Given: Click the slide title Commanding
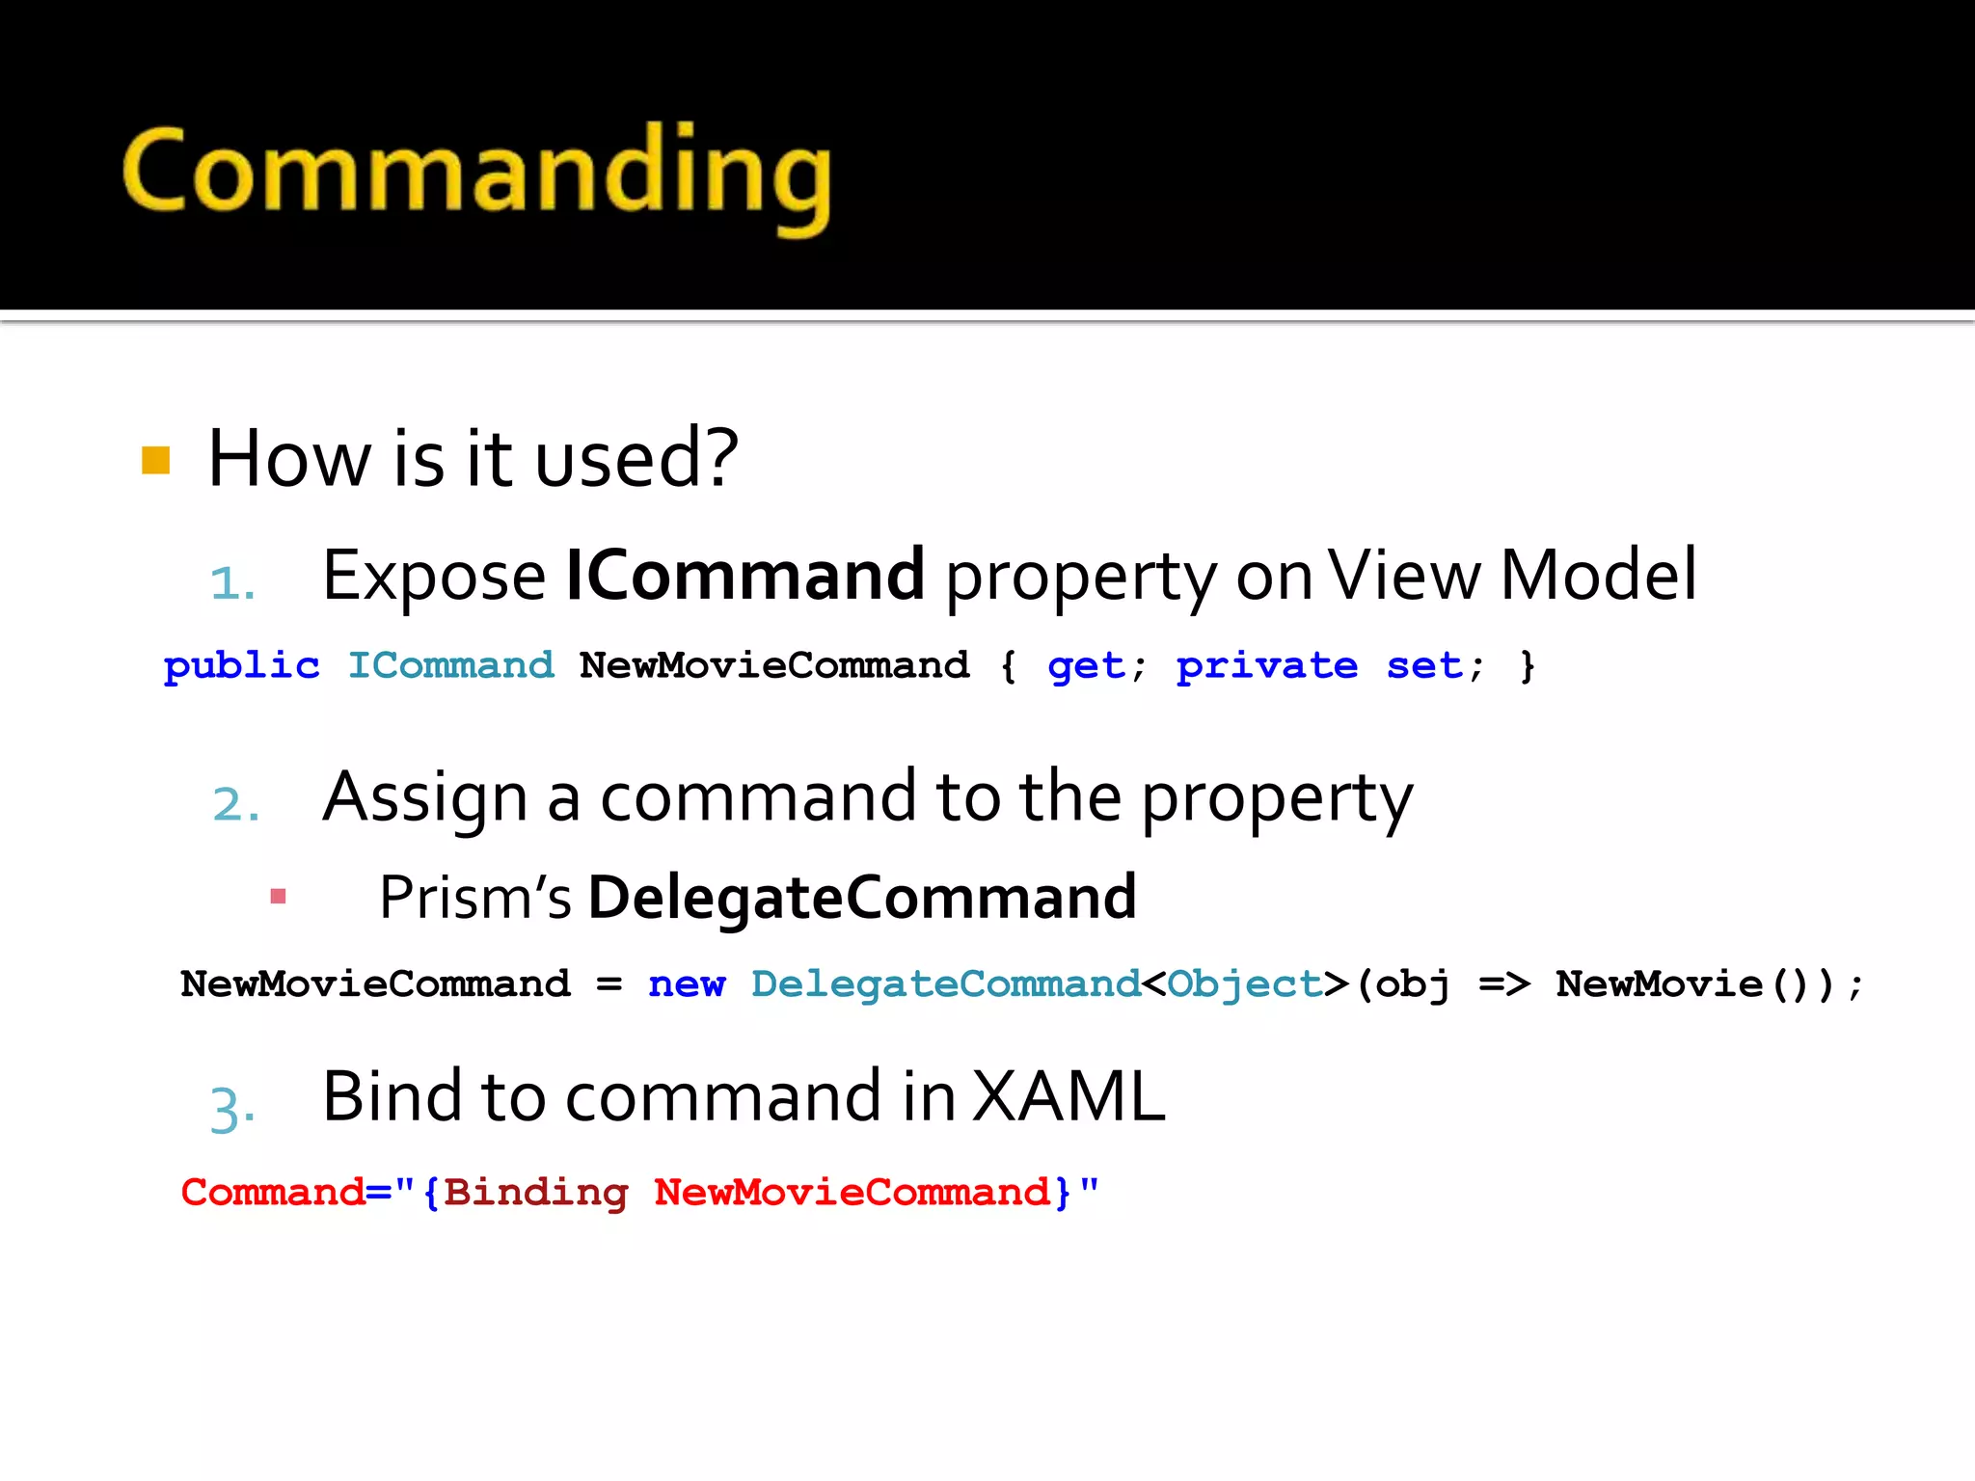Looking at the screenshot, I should [476, 174].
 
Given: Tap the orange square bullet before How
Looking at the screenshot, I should [155, 461].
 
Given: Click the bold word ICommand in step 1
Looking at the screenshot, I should [744, 576].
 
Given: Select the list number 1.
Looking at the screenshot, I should [232, 583].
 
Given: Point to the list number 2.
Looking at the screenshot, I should [235, 804].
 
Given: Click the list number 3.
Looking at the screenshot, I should [232, 1107].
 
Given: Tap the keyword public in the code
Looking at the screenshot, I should [241, 666].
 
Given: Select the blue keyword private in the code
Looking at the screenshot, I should [1266, 666].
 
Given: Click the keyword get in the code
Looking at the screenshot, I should [1086, 666].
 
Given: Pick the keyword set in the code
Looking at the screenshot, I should [1424, 666].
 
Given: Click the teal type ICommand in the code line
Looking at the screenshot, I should [450, 666].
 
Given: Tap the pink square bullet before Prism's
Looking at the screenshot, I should [279, 897].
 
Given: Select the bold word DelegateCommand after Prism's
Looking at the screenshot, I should [862, 898].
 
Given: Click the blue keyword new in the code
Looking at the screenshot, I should [687, 984].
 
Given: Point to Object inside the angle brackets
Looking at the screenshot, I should [1244, 984].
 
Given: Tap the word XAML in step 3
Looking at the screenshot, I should [1069, 1097].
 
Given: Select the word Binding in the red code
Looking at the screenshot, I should [535, 1193].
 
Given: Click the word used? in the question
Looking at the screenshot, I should [636, 459].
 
